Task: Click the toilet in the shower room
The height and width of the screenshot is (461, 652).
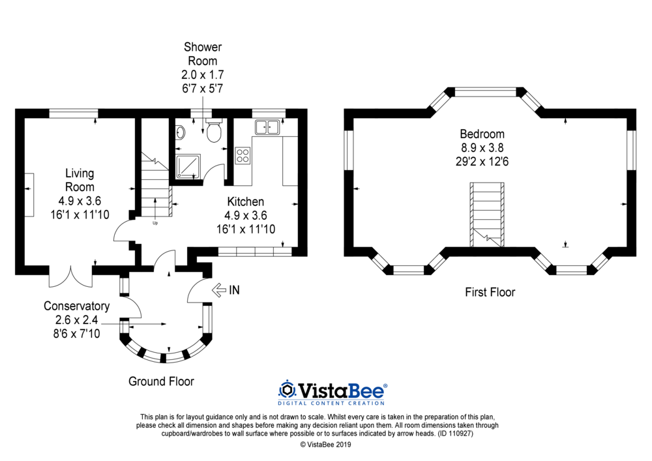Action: (x=214, y=130)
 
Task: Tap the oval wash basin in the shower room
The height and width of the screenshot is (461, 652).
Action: (x=180, y=132)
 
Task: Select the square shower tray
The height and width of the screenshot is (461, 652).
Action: (x=188, y=167)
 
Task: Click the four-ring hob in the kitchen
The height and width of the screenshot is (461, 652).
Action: (x=243, y=156)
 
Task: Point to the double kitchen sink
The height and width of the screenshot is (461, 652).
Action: (x=267, y=126)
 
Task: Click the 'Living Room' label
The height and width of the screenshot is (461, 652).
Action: (x=80, y=180)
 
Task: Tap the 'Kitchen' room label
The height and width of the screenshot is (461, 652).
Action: (x=245, y=201)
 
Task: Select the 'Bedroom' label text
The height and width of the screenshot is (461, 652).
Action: (x=482, y=134)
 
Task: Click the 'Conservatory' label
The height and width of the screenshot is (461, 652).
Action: (x=76, y=306)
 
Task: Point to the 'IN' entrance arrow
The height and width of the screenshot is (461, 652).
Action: (x=219, y=290)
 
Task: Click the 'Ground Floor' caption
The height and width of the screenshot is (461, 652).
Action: (x=161, y=381)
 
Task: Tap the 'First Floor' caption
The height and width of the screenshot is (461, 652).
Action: (x=490, y=292)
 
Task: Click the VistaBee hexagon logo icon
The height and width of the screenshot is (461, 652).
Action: (x=286, y=390)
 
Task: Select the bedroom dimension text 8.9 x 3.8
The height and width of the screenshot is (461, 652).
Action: (x=482, y=147)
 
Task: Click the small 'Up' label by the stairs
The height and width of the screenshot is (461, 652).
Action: (x=155, y=223)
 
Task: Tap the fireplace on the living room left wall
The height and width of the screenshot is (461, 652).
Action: (x=29, y=194)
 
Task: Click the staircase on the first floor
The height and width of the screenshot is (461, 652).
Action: (x=487, y=215)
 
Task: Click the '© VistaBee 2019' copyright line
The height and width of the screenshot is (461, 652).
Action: (x=325, y=444)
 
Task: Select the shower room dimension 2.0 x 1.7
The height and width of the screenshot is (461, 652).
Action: (x=203, y=75)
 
